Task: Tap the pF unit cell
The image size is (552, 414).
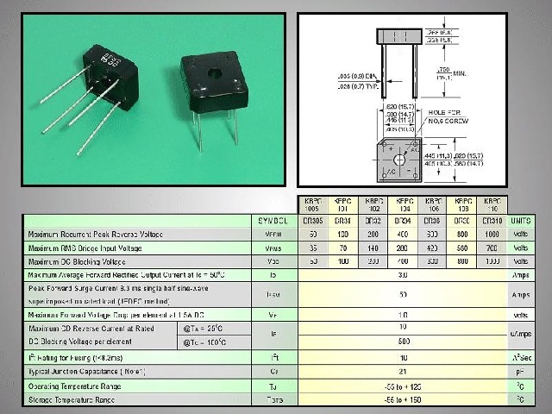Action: (520, 372)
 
